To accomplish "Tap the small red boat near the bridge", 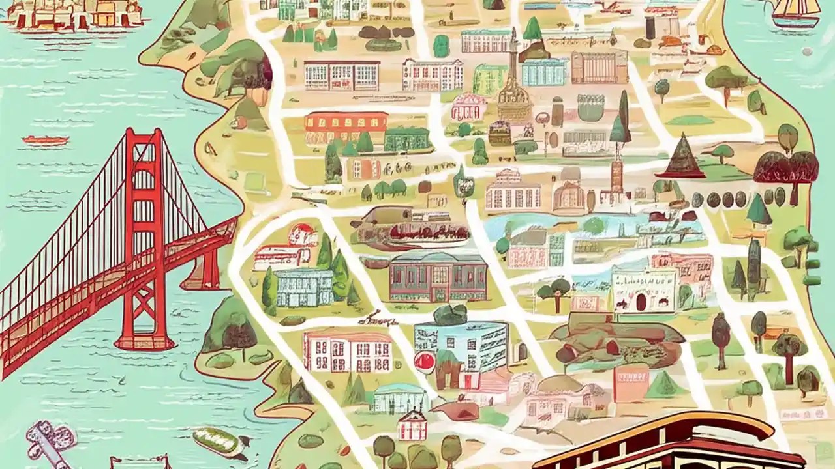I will pos(45,140).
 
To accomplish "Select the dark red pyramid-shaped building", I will pos(681,156).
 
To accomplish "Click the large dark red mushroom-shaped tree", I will pos(785,168).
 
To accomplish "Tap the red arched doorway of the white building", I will pos(641,302).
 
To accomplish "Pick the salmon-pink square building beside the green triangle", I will pos(631,383).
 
